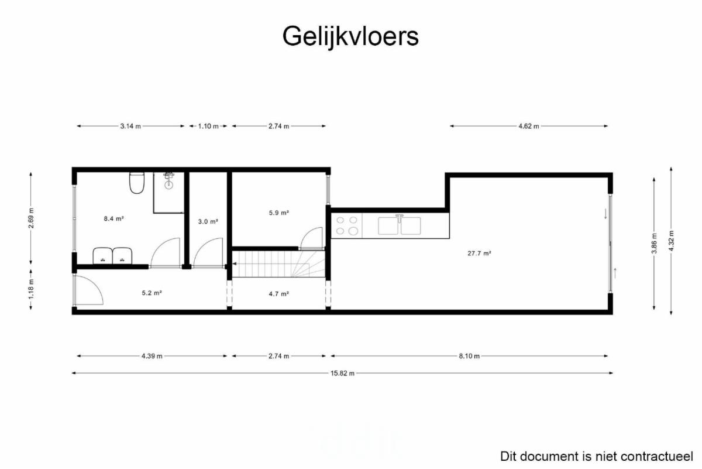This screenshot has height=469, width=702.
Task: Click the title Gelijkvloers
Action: (350, 37)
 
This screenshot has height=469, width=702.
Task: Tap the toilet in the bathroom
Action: (137, 183)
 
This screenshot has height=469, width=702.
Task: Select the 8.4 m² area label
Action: (113, 218)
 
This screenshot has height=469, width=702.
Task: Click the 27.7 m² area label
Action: (479, 253)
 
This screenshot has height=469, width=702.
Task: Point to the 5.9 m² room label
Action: (278, 213)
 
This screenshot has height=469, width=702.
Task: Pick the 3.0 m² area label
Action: (208, 221)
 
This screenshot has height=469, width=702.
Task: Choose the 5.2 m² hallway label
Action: (152, 293)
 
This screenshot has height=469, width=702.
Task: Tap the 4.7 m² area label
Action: (278, 294)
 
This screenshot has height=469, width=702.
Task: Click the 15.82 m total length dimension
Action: (342, 374)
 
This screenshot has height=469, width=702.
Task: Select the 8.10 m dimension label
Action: (469, 356)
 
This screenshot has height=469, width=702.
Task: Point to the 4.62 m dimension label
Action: (529, 126)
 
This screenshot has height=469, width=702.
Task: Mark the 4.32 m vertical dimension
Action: (671, 241)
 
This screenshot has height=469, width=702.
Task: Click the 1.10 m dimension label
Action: (208, 126)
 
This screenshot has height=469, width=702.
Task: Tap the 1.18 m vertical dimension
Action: (31, 289)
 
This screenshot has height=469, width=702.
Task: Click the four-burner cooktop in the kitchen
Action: (346, 225)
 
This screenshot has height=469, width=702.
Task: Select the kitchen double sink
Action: (400, 225)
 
